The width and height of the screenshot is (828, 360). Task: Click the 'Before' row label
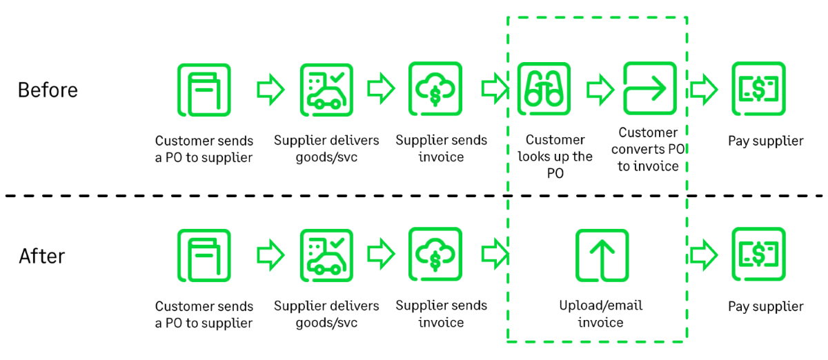click(48, 90)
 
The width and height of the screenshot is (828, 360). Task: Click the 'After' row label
click(41, 256)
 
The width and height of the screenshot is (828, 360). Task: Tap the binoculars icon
click(544, 89)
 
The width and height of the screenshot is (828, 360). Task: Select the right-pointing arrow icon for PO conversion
click(649, 88)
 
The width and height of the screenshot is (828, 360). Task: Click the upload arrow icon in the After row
click(602, 255)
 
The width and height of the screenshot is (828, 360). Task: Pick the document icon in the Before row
click(204, 90)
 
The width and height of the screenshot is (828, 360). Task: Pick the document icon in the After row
click(204, 255)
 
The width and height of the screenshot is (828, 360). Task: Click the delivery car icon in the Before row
click(326, 90)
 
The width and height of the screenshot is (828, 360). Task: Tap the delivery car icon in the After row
click(326, 255)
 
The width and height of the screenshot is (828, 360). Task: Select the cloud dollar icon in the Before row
click(435, 89)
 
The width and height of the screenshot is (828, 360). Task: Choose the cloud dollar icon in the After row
click(435, 254)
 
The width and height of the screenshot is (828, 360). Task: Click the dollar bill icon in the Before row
click(758, 89)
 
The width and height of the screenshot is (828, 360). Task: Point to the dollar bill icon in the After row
click(758, 254)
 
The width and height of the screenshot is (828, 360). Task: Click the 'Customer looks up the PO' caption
click(555, 157)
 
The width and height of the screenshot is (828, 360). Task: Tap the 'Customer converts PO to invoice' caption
click(648, 149)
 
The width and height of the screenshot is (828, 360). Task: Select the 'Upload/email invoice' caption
click(600, 314)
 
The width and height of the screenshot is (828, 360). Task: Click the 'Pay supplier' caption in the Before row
click(765, 141)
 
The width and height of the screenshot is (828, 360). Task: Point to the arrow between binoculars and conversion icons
click(600, 89)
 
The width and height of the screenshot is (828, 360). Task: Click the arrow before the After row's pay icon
click(704, 255)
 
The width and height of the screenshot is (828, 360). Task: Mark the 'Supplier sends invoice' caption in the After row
click(441, 314)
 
